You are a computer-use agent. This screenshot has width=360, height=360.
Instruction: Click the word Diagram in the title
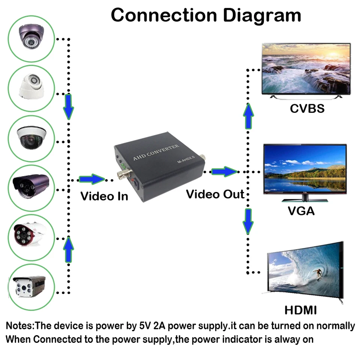point(262,16)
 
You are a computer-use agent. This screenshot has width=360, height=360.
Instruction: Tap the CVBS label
point(307,109)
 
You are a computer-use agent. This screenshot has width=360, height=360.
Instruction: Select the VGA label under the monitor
point(301,211)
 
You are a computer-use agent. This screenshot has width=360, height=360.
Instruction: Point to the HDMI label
point(300,310)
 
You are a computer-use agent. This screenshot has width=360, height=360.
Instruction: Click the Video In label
point(104,196)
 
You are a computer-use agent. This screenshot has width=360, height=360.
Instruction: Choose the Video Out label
point(215,194)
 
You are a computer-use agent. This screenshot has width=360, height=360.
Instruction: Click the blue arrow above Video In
point(92,179)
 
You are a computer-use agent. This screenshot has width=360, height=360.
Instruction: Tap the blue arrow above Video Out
point(224,171)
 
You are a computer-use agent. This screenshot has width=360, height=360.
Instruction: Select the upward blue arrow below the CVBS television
point(248,116)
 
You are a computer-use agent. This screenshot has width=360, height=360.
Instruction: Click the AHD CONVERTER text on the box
point(156,152)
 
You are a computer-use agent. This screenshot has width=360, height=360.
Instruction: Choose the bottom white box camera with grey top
point(29,286)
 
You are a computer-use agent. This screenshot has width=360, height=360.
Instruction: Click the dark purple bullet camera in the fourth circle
point(31,186)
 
